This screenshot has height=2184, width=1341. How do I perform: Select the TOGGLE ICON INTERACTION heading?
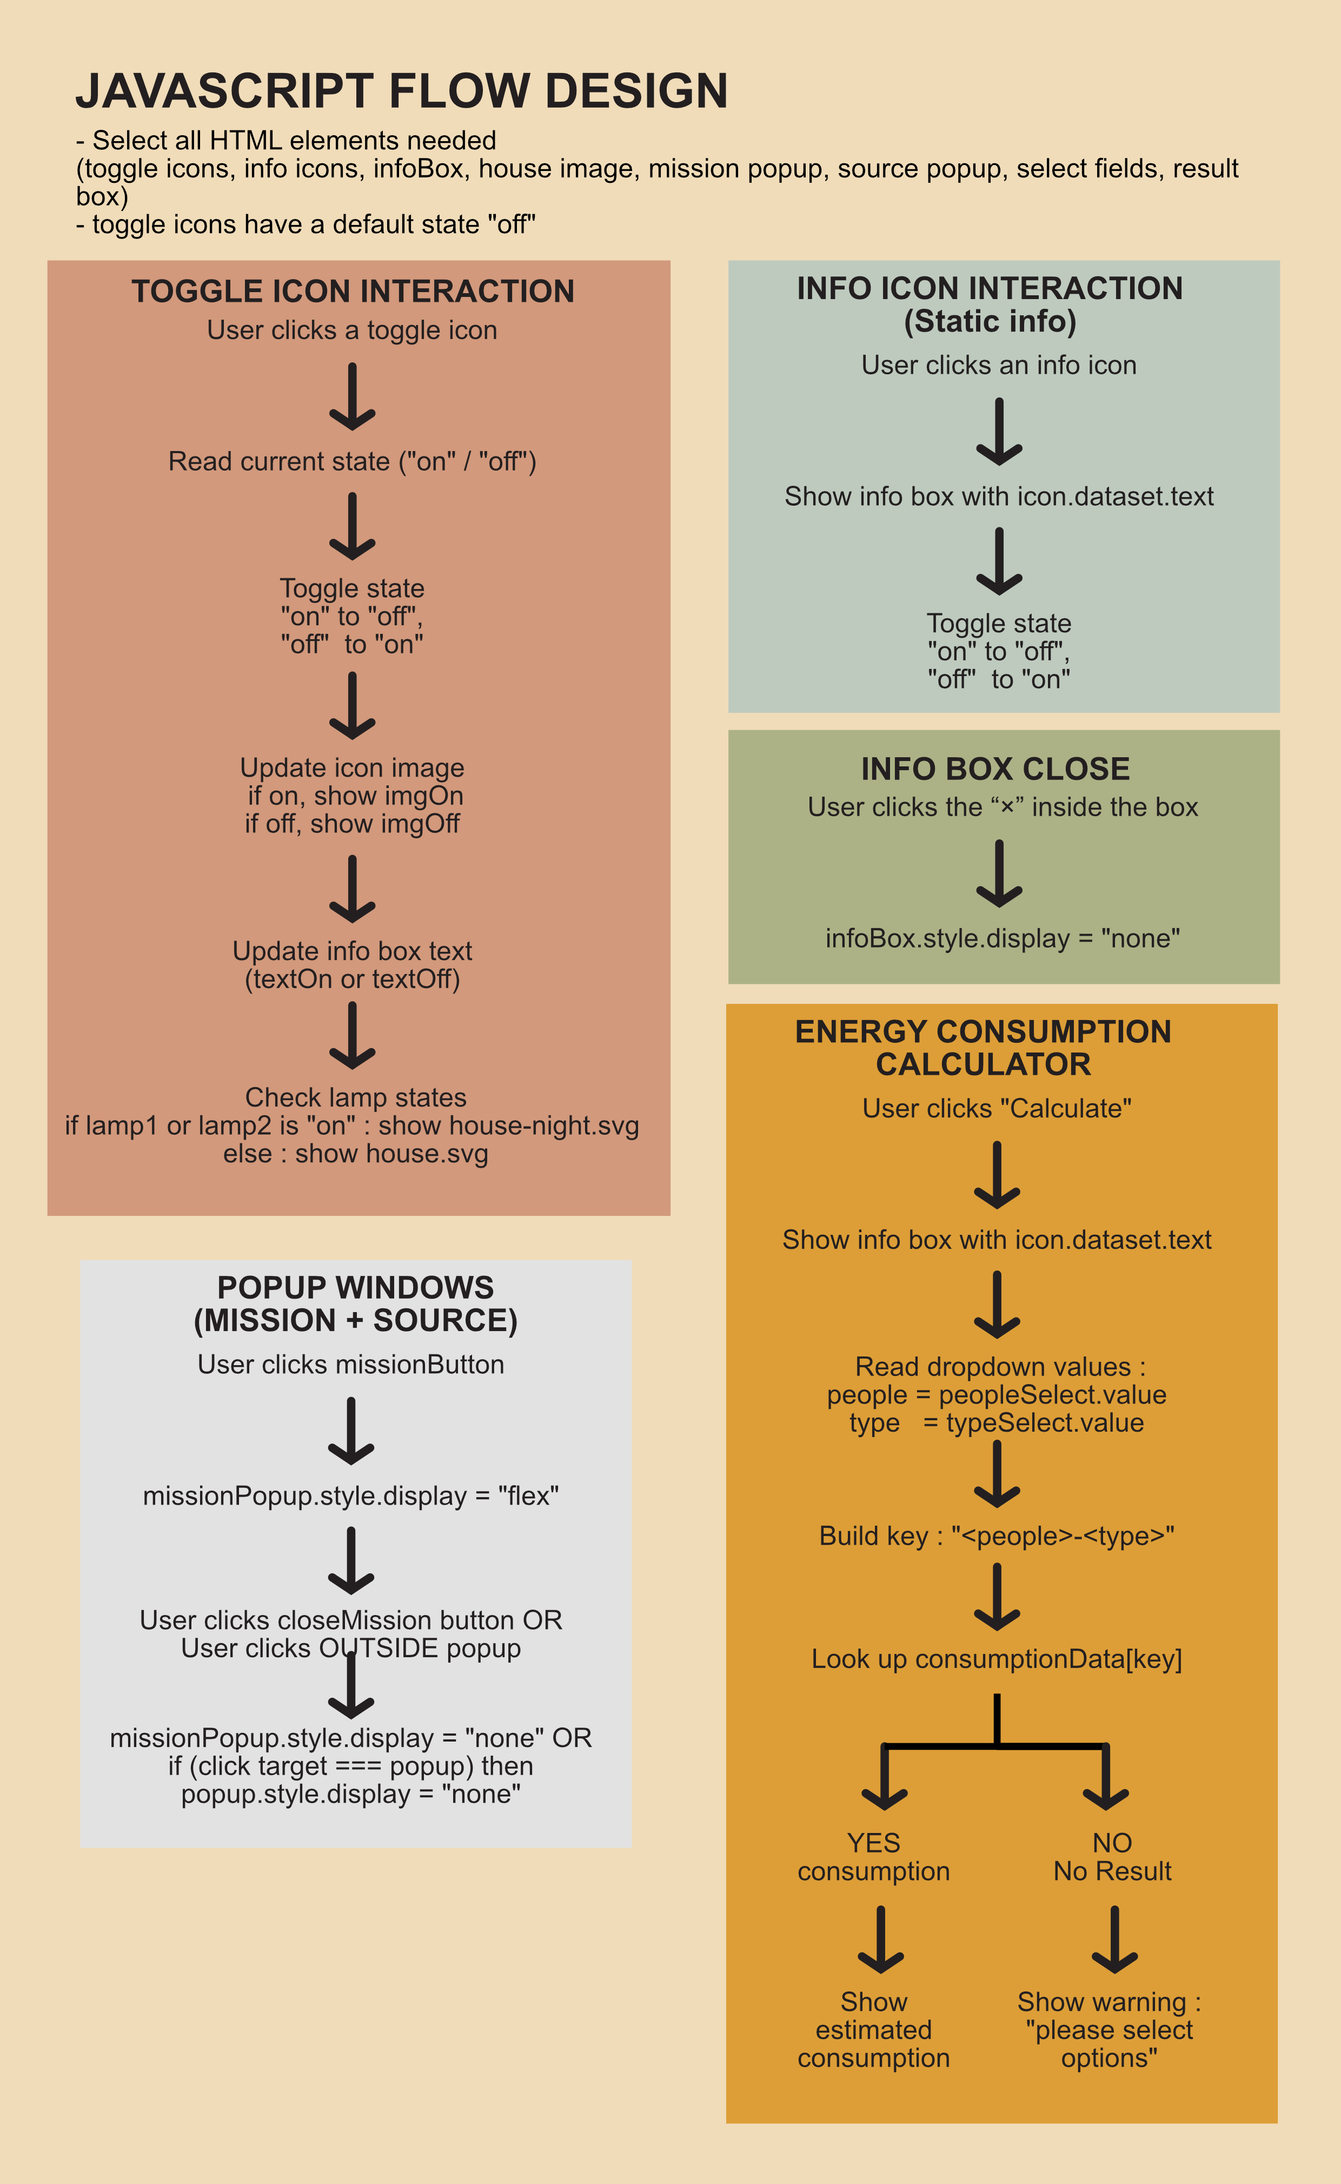pos(353,291)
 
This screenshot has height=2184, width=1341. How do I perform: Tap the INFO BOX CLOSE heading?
pos(995,768)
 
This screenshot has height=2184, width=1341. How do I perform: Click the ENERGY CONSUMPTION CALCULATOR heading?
pos(982,1048)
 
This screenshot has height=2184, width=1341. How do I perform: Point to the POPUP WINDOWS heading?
pos(355,1303)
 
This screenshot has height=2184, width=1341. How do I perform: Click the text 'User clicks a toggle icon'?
pos(352,330)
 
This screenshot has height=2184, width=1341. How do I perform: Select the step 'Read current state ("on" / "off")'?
pos(352,461)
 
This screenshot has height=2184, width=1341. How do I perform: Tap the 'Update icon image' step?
pos(352,767)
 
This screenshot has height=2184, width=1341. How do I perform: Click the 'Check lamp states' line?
pos(355,1097)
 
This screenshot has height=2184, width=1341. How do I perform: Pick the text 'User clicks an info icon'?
pos(999,365)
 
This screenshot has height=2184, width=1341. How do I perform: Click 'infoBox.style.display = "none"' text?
pos(1002,938)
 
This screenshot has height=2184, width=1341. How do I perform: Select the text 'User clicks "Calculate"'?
pos(997,1108)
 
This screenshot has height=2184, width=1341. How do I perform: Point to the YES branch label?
pos(874,1843)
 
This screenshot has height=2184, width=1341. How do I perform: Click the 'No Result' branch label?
pos(1112,1871)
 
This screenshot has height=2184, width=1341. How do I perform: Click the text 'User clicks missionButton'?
pos(351,1365)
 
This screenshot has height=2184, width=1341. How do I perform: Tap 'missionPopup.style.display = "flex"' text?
pos(351,1495)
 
